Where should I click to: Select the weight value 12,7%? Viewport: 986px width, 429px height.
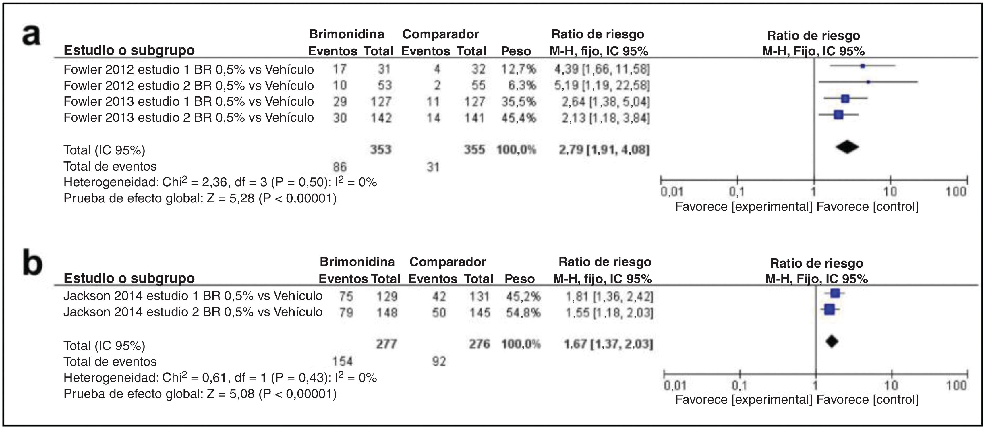(519, 69)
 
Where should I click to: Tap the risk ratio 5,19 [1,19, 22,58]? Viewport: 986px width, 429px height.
(602, 85)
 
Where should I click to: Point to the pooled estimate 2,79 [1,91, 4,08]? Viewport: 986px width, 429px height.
(604, 150)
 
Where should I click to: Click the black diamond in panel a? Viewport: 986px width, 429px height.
(847, 147)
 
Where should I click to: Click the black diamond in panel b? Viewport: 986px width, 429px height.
(832, 341)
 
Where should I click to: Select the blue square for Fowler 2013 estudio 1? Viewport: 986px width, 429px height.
(845, 99)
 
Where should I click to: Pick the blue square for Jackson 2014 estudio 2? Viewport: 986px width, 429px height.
(830, 309)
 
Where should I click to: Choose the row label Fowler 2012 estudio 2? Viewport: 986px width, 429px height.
(188, 85)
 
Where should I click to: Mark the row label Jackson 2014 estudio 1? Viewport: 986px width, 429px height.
(193, 296)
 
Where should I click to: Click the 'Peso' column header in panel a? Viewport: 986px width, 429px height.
(516, 51)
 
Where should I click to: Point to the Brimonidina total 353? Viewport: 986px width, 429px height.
(380, 150)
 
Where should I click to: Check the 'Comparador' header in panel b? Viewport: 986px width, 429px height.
(447, 262)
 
